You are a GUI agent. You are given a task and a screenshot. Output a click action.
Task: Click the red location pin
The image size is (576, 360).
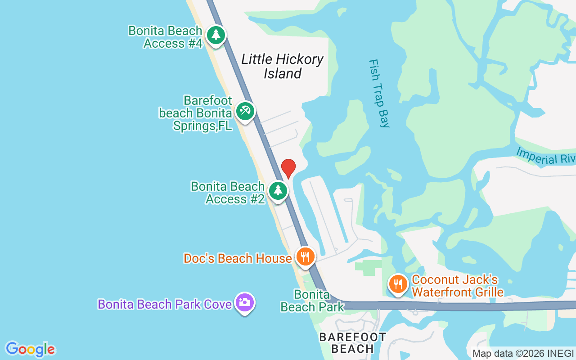pyautogui.click(x=288, y=168)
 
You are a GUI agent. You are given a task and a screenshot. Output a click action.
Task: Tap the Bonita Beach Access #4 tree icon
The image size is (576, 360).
pyautogui.click(x=216, y=35)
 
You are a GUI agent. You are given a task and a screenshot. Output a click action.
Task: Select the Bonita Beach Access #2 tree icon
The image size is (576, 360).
pyautogui.click(x=278, y=191)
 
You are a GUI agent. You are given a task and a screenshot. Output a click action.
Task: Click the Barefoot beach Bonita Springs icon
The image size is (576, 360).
pyautogui.click(x=244, y=111)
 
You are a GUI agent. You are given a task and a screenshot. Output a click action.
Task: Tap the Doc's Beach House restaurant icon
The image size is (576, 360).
pyautogui.click(x=305, y=257)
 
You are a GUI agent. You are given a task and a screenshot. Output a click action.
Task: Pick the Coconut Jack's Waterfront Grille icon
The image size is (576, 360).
pyautogui.click(x=398, y=284)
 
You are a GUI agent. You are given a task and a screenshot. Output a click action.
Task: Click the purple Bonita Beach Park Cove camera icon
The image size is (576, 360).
pyautogui.click(x=244, y=302)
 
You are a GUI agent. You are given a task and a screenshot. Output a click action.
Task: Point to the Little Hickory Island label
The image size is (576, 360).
pyautogui.click(x=282, y=66)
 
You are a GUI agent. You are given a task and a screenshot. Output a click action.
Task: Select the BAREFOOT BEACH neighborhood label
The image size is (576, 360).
pyautogui.click(x=352, y=342)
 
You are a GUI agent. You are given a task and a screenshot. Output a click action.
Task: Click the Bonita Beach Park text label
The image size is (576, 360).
pyautogui.click(x=312, y=301)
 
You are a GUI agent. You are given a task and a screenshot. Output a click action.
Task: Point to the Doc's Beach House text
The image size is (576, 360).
pyautogui.click(x=238, y=258)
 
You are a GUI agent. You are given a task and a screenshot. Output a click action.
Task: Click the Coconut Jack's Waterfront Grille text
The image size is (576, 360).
pyautogui.click(x=457, y=286)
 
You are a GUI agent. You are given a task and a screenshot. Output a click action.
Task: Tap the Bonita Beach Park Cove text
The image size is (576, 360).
pyautogui.click(x=165, y=304)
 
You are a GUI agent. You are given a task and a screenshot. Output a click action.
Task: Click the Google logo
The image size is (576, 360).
pyautogui.click(x=30, y=349)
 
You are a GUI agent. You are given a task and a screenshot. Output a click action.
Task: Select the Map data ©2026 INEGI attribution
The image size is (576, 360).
pyautogui.click(x=523, y=353)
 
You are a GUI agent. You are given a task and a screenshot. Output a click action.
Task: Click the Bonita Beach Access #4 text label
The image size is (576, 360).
pyautogui.click(x=165, y=37)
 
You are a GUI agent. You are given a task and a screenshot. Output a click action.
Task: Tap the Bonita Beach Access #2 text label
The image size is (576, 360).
pyautogui.click(x=228, y=193)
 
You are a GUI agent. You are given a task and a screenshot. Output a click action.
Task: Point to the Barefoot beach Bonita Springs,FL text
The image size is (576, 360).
pyautogui.click(x=196, y=113)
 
